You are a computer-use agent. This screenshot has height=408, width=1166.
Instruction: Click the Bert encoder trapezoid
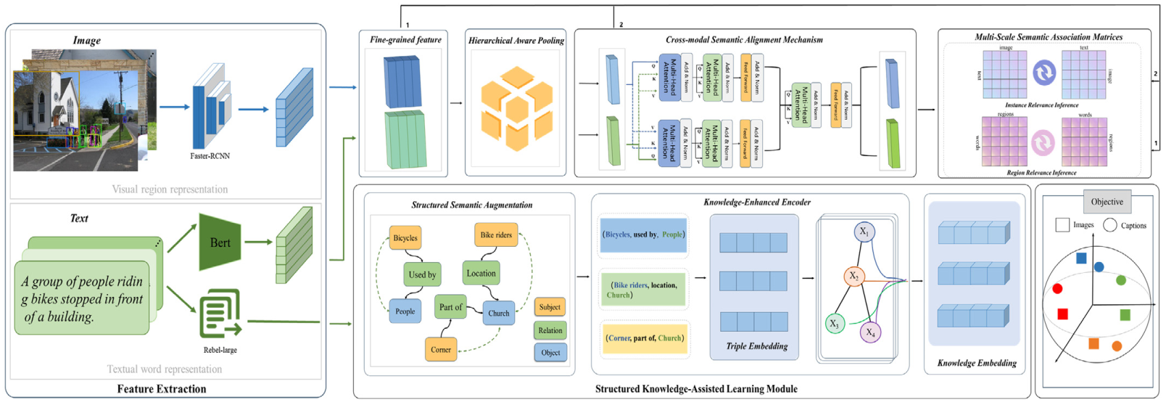220,242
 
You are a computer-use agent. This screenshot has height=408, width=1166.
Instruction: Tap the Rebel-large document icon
220,314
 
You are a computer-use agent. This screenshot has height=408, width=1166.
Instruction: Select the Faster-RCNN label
210,156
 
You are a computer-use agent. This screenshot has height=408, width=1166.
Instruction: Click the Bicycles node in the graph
405,238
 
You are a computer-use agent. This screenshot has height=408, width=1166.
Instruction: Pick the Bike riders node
496,234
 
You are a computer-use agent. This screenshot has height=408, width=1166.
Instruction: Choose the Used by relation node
422,274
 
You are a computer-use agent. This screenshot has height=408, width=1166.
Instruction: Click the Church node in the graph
499,314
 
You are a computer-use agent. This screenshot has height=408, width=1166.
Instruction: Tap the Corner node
441,350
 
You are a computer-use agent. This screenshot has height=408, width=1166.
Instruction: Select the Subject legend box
550,307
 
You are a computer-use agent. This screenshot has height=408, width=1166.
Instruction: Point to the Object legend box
550,353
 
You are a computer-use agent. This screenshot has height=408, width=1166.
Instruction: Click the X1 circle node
864,232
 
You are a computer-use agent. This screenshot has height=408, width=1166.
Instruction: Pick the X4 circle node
870,332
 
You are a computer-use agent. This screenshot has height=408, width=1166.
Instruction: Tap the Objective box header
1107,202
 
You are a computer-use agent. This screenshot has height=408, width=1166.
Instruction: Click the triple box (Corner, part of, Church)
644,338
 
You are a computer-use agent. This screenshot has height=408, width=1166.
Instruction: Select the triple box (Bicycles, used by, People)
643,235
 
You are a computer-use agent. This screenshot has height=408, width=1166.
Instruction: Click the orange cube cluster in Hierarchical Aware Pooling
516,109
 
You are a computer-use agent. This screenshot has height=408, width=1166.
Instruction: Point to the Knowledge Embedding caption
977,363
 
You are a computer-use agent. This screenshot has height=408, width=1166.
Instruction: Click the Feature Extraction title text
162,389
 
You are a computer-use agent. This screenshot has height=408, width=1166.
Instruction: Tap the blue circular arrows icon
1044,73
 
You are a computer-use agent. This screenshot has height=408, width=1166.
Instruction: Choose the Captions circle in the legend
1110,225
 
